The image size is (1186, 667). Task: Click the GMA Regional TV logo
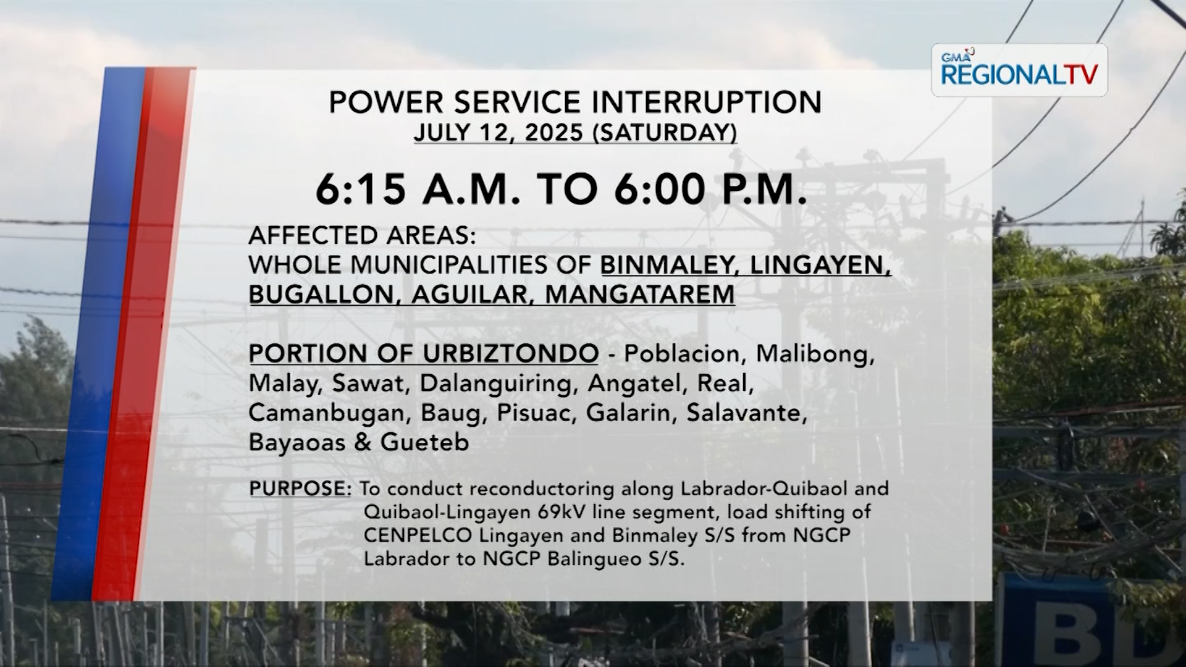click(x=1019, y=70)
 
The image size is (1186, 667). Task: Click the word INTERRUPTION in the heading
click(x=707, y=103)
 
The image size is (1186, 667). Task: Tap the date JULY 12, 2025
click(x=498, y=133)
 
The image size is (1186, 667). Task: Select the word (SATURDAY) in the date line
click(x=664, y=133)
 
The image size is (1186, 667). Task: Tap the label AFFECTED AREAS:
click(x=363, y=235)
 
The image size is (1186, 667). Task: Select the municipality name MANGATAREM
click(x=640, y=295)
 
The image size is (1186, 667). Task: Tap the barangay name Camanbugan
click(x=326, y=413)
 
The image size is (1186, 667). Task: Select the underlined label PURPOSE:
click(x=300, y=489)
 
